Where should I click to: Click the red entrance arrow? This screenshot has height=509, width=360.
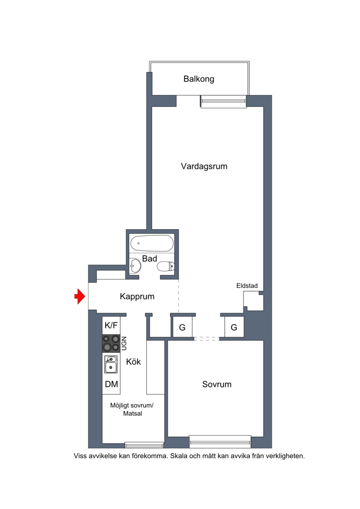(80, 296)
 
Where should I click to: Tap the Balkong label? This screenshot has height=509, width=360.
(198, 79)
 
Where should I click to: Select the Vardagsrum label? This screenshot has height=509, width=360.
(204, 166)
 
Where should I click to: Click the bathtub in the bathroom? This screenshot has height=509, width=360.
(152, 243)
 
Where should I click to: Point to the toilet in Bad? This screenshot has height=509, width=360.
(166, 266)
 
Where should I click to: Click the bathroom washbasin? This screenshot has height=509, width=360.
(135, 266)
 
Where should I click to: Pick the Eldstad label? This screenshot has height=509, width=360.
(247, 286)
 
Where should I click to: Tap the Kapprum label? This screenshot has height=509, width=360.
(137, 297)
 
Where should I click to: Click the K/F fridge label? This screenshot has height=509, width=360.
(111, 325)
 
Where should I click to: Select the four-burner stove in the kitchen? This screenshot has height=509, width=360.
(111, 343)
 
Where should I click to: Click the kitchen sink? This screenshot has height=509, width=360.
(111, 364)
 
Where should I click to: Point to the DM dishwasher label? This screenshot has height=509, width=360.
(111, 384)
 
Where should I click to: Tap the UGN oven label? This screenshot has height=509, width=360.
(124, 343)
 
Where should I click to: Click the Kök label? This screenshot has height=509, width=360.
(133, 362)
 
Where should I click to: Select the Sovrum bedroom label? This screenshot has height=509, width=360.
(217, 384)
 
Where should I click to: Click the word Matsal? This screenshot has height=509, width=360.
(132, 414)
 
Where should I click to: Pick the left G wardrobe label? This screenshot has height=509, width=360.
(182, 328)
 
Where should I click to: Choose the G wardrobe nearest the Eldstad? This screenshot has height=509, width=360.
(234, 328)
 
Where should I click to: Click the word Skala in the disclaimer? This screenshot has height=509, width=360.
(179, 456)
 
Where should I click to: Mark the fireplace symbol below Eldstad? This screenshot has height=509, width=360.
(253, 301)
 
